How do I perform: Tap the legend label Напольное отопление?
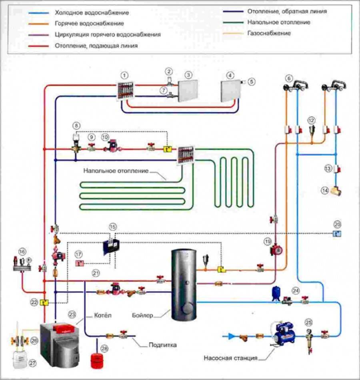[273, 22]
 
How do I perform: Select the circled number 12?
[312, 119]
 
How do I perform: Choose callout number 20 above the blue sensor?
[338, 224]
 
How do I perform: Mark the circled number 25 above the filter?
[308, 321]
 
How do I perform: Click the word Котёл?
[103, 316]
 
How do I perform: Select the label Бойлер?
[142, 316]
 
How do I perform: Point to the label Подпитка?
[162, 344]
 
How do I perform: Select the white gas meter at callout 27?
[17, 359]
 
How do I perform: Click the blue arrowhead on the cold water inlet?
[231, 336]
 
